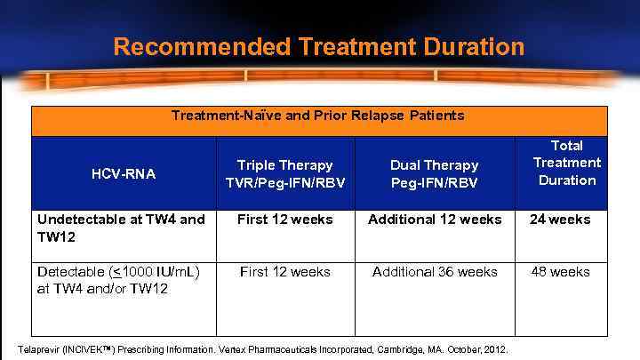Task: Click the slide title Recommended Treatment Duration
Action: (x=319, y=46)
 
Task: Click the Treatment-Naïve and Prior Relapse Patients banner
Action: (x=317, y=116)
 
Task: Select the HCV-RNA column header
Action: (x=123, y=174)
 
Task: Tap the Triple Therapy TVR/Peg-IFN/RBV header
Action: (x=284, y=174)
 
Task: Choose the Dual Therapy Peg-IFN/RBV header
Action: (x=434, y=174)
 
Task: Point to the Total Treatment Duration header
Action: (x=566, y=163)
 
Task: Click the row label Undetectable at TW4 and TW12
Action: (x=121, y=228)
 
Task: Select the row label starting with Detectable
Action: (x=117, y=280)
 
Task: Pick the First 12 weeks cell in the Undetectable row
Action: (x=284, y=220)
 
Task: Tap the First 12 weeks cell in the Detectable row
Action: (x=284, y=272)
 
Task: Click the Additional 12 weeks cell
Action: (x=436, y=220)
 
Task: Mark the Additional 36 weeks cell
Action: (x=436, y=272)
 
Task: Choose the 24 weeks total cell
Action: (x=559, y=220)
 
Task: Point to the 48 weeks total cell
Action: (x=559, y=272)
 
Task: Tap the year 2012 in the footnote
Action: (x=496, y=349)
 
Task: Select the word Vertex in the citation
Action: (x=227, y=349)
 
